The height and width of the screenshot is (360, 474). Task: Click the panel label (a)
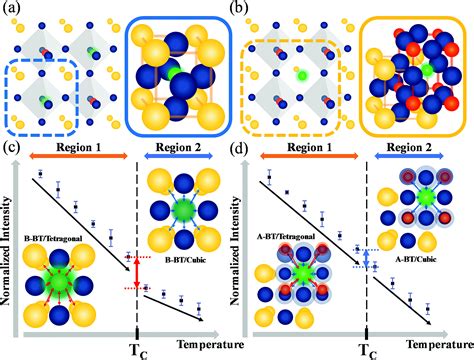point(13,10)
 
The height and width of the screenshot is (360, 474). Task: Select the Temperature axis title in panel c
point(191,341)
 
